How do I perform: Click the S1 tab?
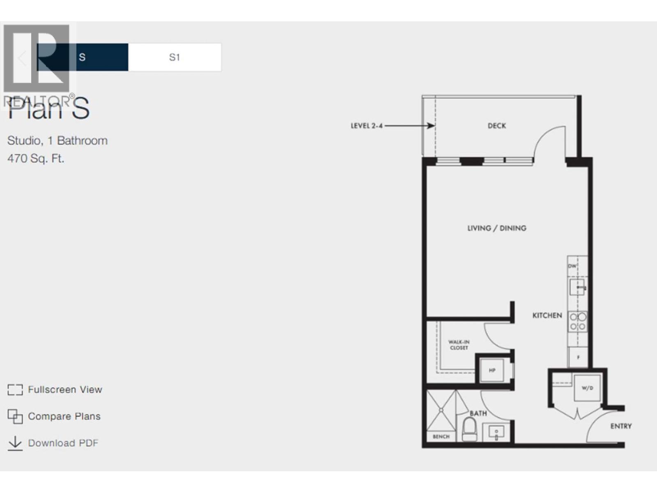pos(175,57)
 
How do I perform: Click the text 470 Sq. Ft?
pos(36,158)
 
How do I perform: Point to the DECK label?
pos(496,126)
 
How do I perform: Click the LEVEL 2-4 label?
pos(366,126)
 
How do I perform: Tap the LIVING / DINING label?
pos(496,228)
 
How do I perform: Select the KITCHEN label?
pos(547,316)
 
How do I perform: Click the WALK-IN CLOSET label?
pos(459,345)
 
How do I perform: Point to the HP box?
pos(492,370)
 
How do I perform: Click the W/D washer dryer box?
pos(587,388)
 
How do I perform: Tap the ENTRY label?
pos(620,426)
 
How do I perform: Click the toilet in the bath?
pos(469,429)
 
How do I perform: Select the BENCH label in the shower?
pos(441,436)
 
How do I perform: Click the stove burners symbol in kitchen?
pos(577,322)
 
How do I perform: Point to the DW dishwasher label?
pos(572,266)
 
